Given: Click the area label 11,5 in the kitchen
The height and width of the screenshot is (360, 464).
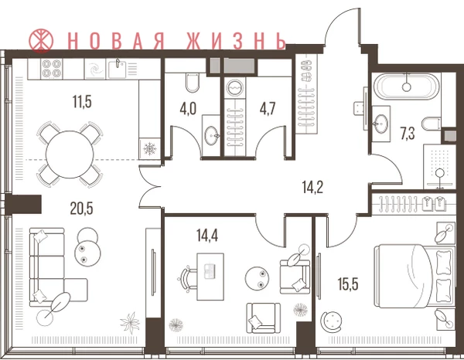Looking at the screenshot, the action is (x=82, y=101).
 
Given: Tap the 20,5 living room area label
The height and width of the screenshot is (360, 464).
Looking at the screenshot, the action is (x=82, y=209).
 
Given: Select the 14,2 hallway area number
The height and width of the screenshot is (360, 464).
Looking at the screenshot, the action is (x=312, y=187).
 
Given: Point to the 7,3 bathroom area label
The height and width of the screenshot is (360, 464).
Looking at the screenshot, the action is (x=408, y=133).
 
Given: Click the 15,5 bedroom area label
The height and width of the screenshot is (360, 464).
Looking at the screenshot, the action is (x=348, y=284).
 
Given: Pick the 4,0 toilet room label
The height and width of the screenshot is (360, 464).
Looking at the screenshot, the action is (x=188, y=109).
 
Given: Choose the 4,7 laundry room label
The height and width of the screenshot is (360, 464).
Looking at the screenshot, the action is (x=268, y=108).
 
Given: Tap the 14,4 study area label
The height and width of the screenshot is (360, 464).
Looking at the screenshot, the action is (x=207, y=236).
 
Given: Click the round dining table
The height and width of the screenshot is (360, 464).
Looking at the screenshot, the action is (x=70, y=155).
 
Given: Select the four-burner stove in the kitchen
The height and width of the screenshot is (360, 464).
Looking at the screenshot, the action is (x=52, y=69).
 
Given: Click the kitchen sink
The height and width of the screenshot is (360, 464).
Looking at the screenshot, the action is (x=118, y=70).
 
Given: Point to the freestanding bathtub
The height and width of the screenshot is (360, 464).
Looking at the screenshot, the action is (x=407, y=87).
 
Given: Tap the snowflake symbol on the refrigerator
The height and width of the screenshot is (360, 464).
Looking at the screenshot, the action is (x=149, y=148).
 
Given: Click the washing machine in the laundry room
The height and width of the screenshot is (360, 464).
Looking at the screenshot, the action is (x=234, y=88).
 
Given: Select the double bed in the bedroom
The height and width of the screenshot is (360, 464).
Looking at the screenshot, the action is (x=415, y=276).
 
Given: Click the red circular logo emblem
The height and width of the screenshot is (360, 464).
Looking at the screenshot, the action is (x=41, y=40).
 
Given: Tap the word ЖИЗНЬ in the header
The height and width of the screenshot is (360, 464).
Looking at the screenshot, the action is (x=237, y=40).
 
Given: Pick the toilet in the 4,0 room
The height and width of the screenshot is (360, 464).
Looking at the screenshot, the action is (x=192, y=83).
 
